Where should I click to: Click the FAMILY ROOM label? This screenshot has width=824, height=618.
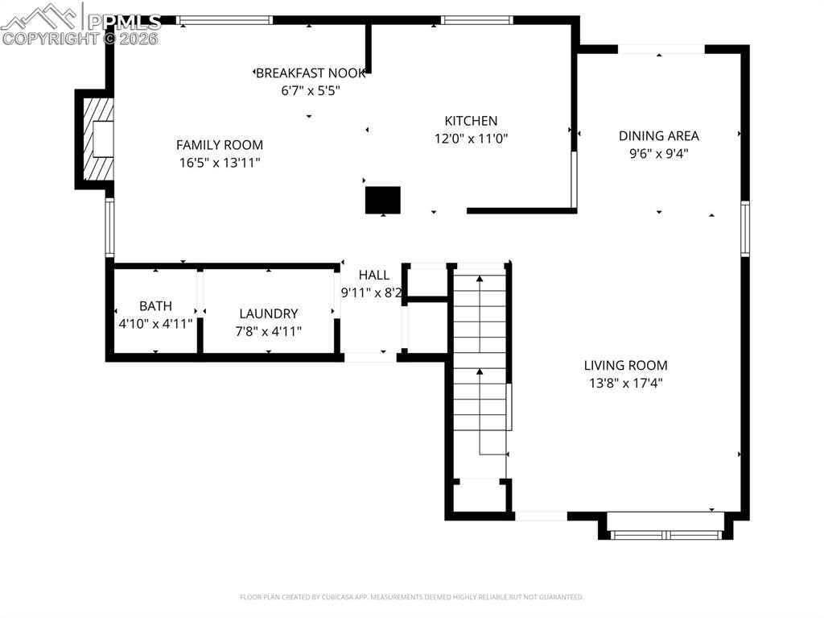pyautogui.click(x=220, y=145)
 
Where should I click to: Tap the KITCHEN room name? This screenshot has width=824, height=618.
pyautogui.click(x=471, y=121)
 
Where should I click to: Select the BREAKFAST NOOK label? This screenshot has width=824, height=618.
pyautogui.click(x=311, y=73)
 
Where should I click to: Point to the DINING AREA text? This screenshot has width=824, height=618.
pyautogui.click(x=658, y=136)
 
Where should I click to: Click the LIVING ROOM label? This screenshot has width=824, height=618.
pyautogui.click(x=625, y=366)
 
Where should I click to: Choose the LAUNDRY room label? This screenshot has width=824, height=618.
pyautogui.click(x=269, y=313)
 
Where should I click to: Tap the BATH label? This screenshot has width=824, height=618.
pyautogui.click(x=155, y=306)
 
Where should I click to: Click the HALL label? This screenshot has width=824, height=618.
pyautogui.click(x=374, y=276)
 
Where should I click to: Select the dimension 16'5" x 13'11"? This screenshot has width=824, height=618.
pyautogui.click(x=220, y=163)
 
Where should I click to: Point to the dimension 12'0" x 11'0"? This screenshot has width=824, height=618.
pyautogui.click(x=471, y=139)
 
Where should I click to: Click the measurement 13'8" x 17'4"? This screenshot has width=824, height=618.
pyautogui.click(x=625, y=384)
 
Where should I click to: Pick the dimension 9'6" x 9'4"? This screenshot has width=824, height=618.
pyautogui.click(x=658, y=153)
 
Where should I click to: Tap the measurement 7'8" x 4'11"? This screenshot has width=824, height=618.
pyautogui.click(x=269, y=330)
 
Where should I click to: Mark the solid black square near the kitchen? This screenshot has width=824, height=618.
pyautogui.click(x=383, y=200)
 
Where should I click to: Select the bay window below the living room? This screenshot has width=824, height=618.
pyautogui.click(x=665, y=532)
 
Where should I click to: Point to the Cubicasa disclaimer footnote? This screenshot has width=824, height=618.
pyautogui.click(x=411, y=597)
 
